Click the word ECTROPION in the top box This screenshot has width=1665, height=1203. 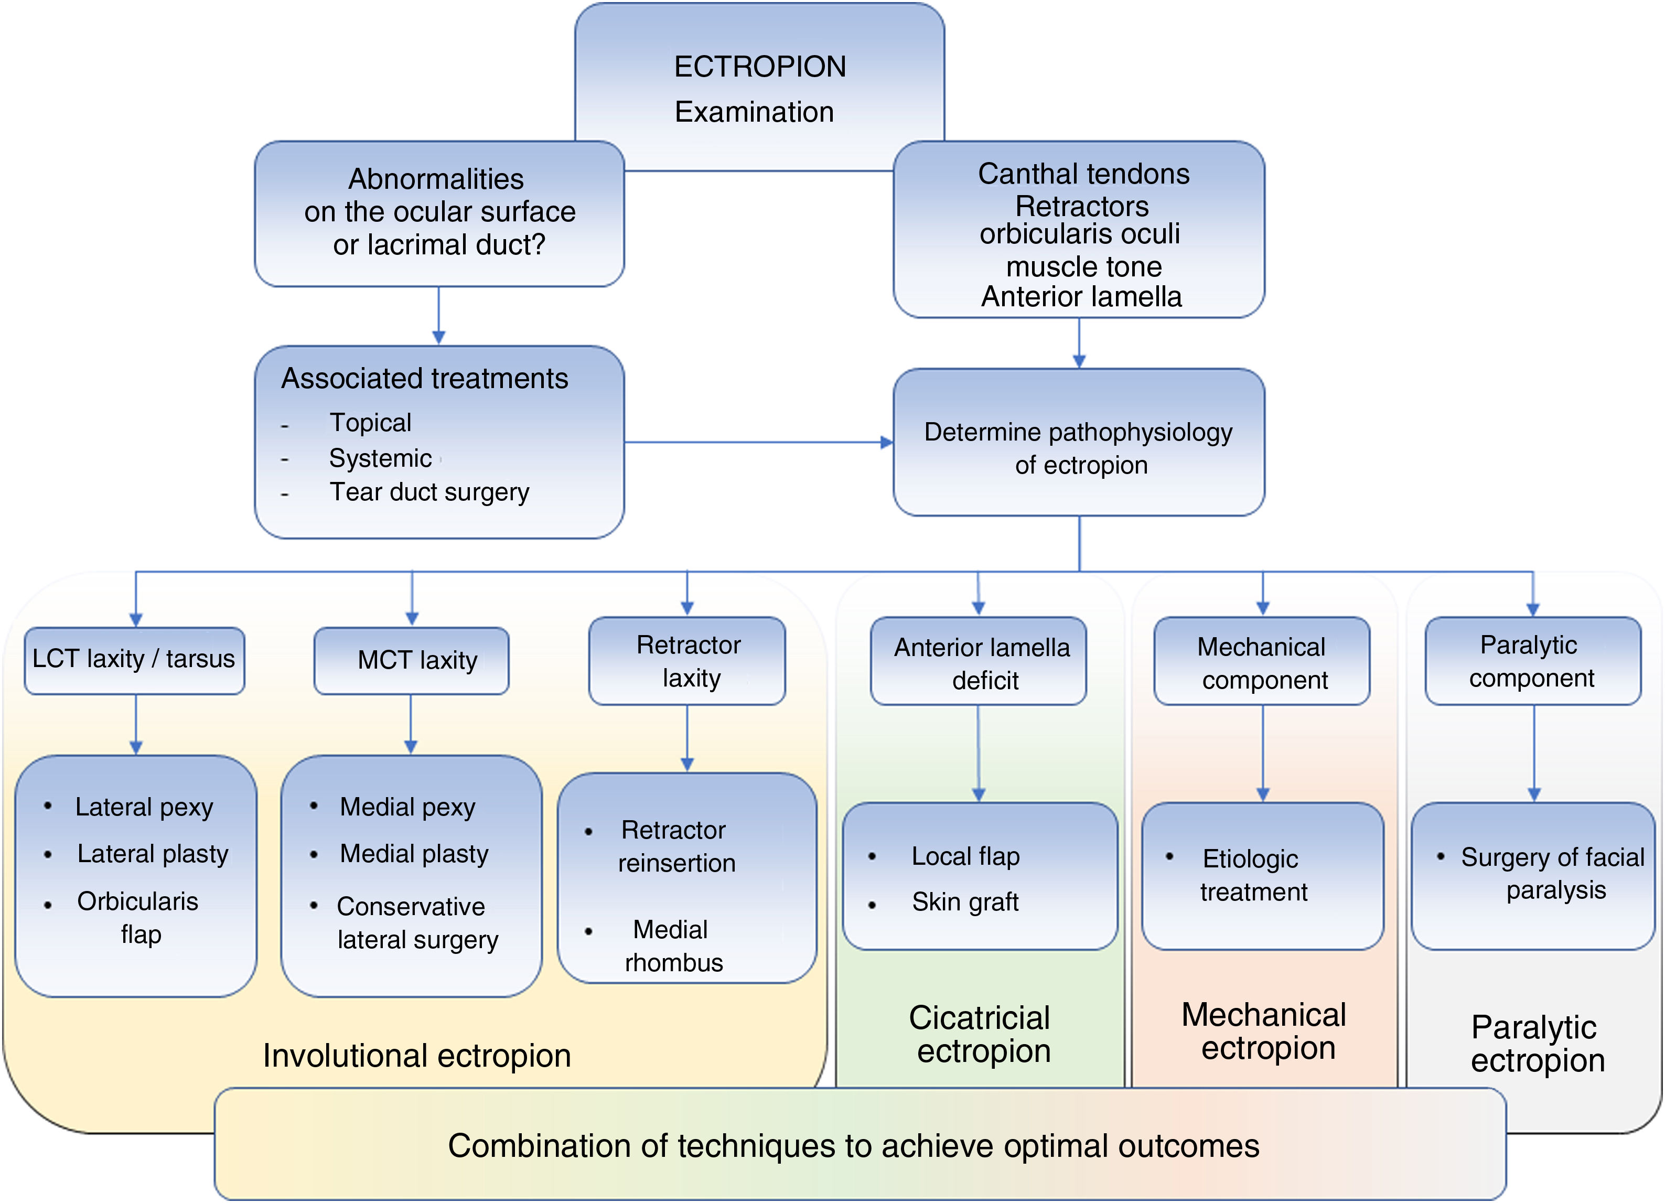[x=760, y=67]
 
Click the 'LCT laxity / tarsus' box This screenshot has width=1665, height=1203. [x=134, y=660]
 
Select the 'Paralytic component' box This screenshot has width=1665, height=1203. [x=1532, y=661]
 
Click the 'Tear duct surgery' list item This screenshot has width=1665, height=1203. [x=429, y=492]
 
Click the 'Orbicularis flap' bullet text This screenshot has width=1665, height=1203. [x=138, y=918]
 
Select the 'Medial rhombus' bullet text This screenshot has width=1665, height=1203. [x=672, y=946]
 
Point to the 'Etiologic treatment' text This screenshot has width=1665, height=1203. [x=1252, y=875]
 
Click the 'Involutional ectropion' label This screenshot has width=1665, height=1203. [x=417, y=1056]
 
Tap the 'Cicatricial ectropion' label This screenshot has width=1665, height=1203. [x=982, y=1034]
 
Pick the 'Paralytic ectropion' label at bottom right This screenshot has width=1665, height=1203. [x=1537, y=1044]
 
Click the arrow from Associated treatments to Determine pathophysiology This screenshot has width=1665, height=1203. [x=756, y=443]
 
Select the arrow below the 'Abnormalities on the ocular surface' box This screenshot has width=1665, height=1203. [x=439, y=316]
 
